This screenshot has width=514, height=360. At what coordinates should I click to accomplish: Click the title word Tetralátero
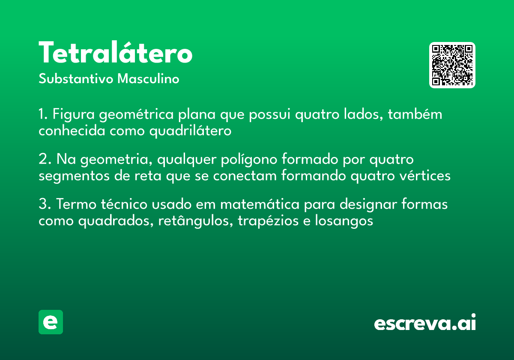115,53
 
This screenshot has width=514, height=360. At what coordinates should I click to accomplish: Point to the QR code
452,65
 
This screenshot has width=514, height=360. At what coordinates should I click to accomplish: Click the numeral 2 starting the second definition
42,160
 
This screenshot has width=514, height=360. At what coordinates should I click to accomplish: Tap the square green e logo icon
51,322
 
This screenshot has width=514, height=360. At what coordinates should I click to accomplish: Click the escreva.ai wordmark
425,323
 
